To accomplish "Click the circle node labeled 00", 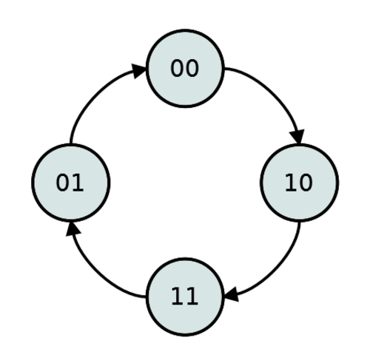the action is [x=185, y=68].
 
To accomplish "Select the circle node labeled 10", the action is [x=300, y=183].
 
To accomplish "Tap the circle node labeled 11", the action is [x=185, y=297].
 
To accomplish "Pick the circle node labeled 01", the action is [x=71, y=183].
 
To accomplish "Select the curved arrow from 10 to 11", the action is [x=275, y=271].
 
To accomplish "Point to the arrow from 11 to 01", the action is [x=97, y=271].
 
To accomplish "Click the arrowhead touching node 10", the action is [x=297, y=136].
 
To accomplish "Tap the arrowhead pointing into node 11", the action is [x=231, y=294].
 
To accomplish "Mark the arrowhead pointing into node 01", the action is [x=73, y=229].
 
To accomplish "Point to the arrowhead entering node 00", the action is [x=139, y=71].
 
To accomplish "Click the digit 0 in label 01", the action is [x=62, y=183].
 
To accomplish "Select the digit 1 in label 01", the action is [x=78, y=183].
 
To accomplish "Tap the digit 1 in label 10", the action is [x=291, y=183].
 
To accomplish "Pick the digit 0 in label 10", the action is [x=306, y=183].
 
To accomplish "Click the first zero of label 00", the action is [x=177, y=68].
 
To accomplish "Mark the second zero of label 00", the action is [x=192, y=68].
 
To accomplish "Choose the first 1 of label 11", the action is [x=177, y=296].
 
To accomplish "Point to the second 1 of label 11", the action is [x=192, y=296].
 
